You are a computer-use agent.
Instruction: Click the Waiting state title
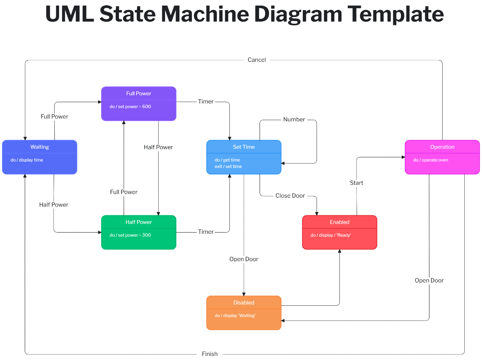click(39, 147)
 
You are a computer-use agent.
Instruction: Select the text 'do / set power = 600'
click(130, 107)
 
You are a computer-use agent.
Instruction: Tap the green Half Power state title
click(139, 222)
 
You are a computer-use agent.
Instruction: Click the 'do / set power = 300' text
click(130, 235)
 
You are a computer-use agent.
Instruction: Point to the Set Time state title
click(244, 147)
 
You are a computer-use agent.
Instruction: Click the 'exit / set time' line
click(228, 166)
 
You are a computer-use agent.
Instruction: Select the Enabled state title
click(339, 222)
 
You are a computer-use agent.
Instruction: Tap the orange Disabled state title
click(244, 303)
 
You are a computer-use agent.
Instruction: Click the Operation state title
click(442, 147)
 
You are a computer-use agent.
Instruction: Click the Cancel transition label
click(257, 60)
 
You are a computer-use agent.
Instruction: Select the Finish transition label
click(210, 354)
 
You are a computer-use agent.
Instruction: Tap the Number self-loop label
click(294, 120)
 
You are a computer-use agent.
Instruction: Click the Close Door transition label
click(290, 196)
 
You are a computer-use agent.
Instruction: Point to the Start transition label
click(356, 183)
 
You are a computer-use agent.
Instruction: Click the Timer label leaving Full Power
click(206, 102)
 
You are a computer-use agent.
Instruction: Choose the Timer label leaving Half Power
click(206, 232)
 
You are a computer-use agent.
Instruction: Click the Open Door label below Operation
click(429, 280)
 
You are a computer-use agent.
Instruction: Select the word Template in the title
click(395, 14)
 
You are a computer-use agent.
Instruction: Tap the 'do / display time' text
click(27, 160)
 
